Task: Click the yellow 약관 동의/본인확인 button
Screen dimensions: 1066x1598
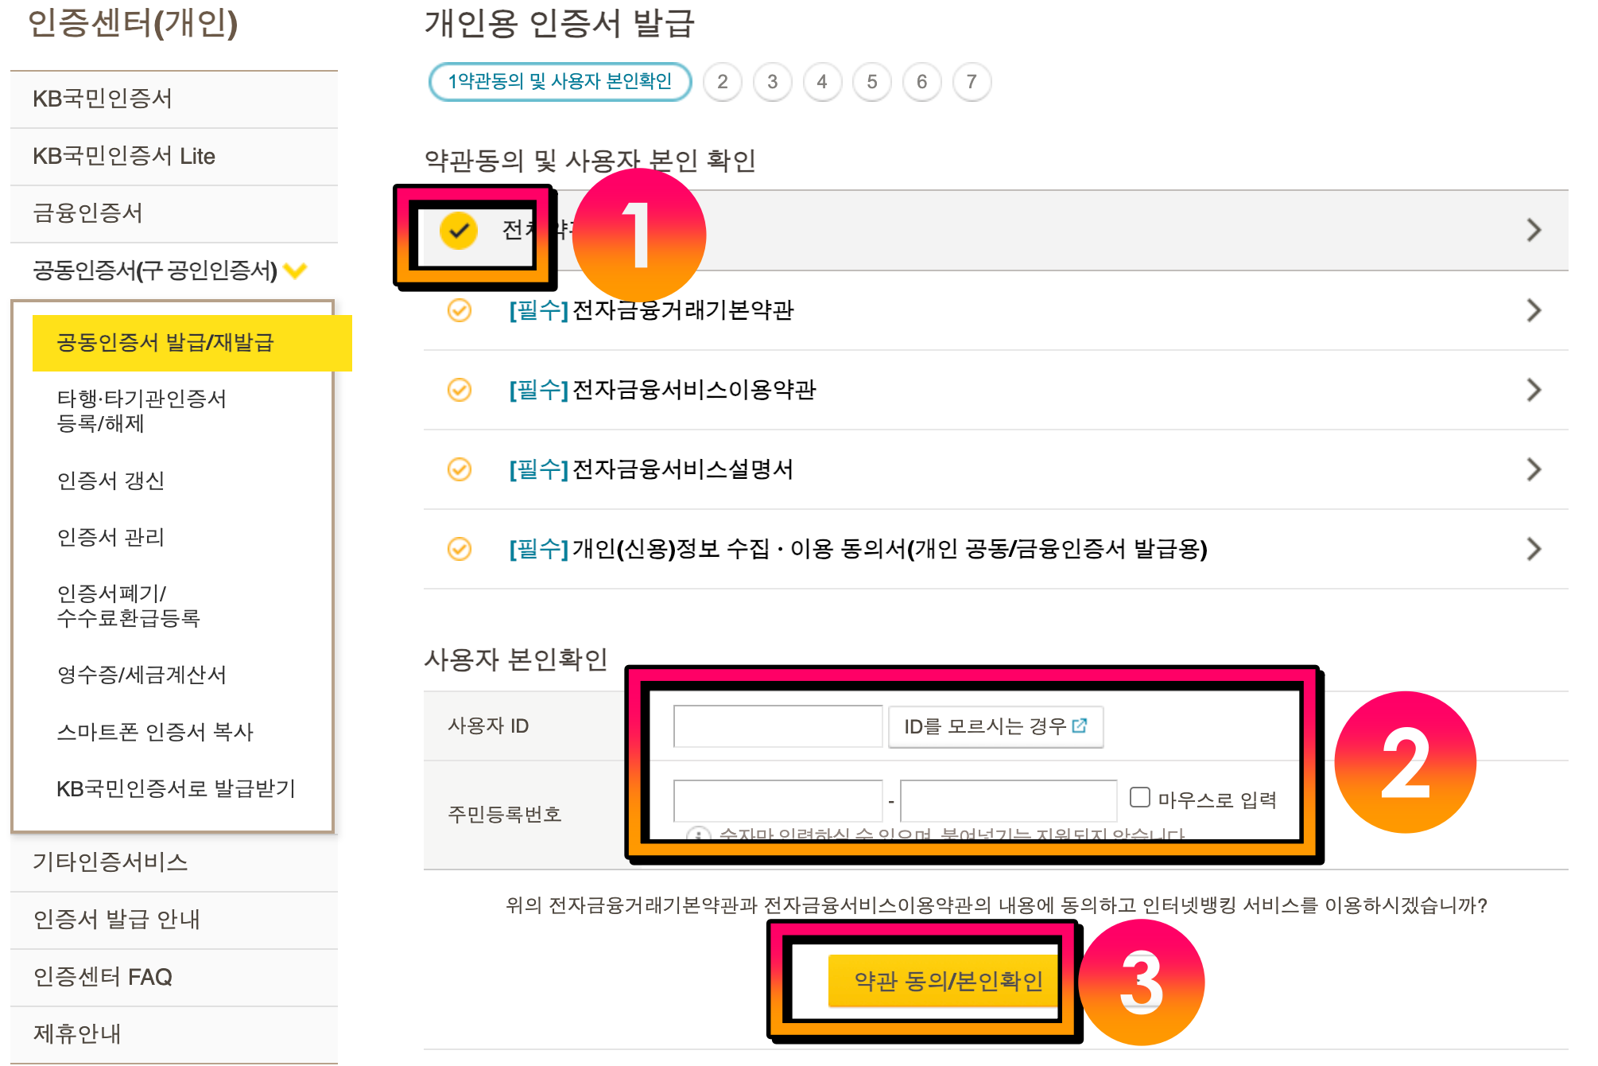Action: coord(946,981)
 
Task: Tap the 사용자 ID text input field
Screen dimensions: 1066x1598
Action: coord(778,726)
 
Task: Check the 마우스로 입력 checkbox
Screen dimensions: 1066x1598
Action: coord(1140,797)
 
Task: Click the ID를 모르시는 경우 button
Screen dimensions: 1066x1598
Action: coord(995,726)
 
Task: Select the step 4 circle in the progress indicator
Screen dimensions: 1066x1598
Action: coord(822,82)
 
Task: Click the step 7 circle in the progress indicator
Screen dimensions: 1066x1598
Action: coord(972,82)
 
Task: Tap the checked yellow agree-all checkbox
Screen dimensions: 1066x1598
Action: coord(459,231)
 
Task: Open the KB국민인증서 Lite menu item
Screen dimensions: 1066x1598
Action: coord(124,156)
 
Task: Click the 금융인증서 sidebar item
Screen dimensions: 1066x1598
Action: coord(87,213)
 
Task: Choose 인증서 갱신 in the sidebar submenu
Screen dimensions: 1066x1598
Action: coord(111,480)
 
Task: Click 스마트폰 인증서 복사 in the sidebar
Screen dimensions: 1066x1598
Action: coord(155,732)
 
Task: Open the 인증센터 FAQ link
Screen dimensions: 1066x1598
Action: coord(103,977)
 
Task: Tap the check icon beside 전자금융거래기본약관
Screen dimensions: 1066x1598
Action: coord(460,310)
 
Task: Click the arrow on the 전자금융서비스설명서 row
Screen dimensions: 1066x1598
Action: coord(1534,469)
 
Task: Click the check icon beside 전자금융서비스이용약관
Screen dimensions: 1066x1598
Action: coord(460,390)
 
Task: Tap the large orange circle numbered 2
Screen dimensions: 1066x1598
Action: coord(1405,762)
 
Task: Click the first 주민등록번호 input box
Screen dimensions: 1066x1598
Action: coord(778,800)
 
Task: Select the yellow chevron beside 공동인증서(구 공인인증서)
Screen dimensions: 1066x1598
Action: coord(295,270)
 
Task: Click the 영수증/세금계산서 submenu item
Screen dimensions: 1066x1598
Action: coord(142,675)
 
